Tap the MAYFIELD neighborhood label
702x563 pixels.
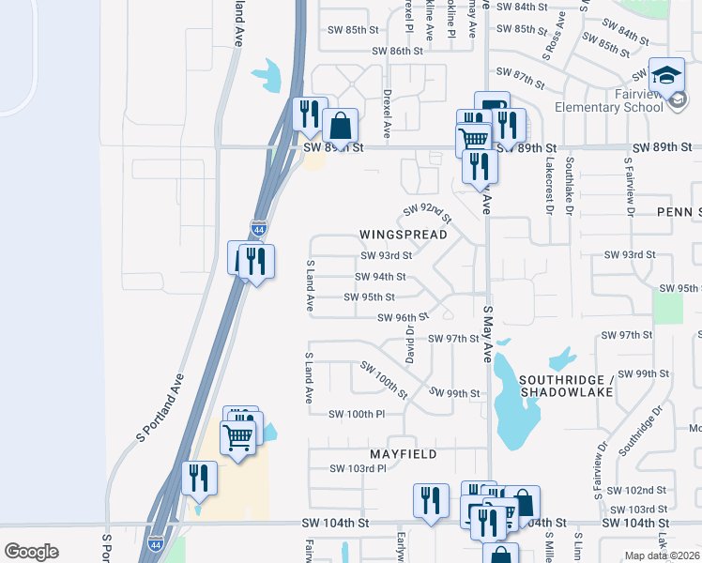click(x=403, y=454)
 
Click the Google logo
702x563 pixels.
click(x=31, y=552)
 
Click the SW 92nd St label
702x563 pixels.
click(x=427, y=214)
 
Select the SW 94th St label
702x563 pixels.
click(x=381, y=277)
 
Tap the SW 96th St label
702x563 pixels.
click(x=403, y=318)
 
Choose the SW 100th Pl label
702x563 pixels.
click(x=357, y=414)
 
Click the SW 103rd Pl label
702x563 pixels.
click(x=358, y=468)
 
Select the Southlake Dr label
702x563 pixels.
click(x=570, y=185)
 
